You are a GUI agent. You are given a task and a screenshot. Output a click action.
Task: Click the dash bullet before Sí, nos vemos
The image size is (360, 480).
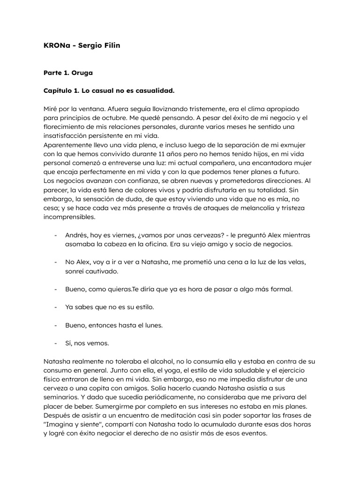click(56, 343)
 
